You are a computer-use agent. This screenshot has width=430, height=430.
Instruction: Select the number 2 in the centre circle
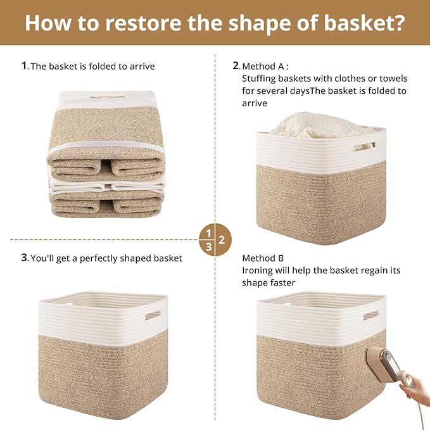(222, 240)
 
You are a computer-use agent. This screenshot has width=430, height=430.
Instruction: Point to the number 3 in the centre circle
(209, 247)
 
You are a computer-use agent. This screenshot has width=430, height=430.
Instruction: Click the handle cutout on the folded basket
(106, 98)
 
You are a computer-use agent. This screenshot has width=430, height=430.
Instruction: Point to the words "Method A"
(265, 66)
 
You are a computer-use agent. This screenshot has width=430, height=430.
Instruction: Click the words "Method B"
(263, 258)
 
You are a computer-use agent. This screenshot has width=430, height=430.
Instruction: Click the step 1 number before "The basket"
(24, 65)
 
